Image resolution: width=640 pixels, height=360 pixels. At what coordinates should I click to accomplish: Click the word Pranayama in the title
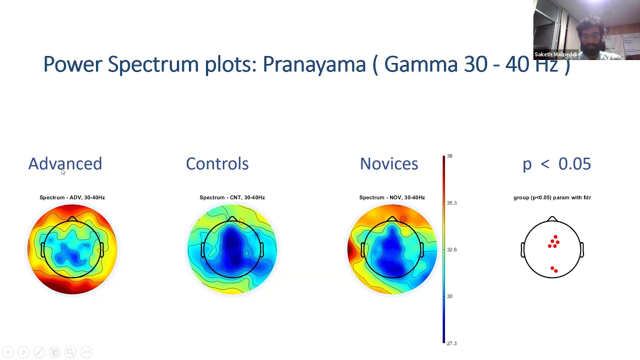[314, 64]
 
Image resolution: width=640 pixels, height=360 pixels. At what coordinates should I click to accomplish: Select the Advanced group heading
[65, 163]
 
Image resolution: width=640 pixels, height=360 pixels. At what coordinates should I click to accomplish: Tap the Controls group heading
[217, 163]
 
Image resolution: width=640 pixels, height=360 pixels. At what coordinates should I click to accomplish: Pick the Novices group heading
[388, 163]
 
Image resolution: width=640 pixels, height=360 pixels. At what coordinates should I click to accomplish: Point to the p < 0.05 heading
[556, 163]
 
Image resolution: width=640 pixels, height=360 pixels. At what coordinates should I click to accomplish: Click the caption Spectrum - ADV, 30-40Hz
[72, 197]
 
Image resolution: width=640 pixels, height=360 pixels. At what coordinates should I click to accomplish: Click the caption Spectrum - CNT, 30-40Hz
[232, 197]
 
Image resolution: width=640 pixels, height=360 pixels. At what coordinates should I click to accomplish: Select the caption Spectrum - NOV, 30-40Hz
[392, 197]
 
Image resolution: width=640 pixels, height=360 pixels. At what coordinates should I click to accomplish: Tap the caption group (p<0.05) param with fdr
[552, 197]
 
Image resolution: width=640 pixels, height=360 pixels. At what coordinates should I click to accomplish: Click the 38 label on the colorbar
[449, 156]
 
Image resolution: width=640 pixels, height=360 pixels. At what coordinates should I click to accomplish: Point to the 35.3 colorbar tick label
[451, 203]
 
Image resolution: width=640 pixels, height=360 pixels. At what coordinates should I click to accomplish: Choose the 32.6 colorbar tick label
[451, 249]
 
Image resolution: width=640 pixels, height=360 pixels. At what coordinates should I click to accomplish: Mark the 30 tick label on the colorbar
[449, 296]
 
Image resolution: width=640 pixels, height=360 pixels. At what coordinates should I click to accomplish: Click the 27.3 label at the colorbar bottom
[451, 343]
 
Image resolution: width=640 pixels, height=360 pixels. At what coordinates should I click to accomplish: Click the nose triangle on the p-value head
[552, 219]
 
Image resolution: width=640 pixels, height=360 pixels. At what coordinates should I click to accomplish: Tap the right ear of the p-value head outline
[582, 249]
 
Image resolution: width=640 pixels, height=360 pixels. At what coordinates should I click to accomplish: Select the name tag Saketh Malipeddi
[555, 54]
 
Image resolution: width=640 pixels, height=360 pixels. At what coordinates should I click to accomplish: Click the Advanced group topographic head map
[72, 249]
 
